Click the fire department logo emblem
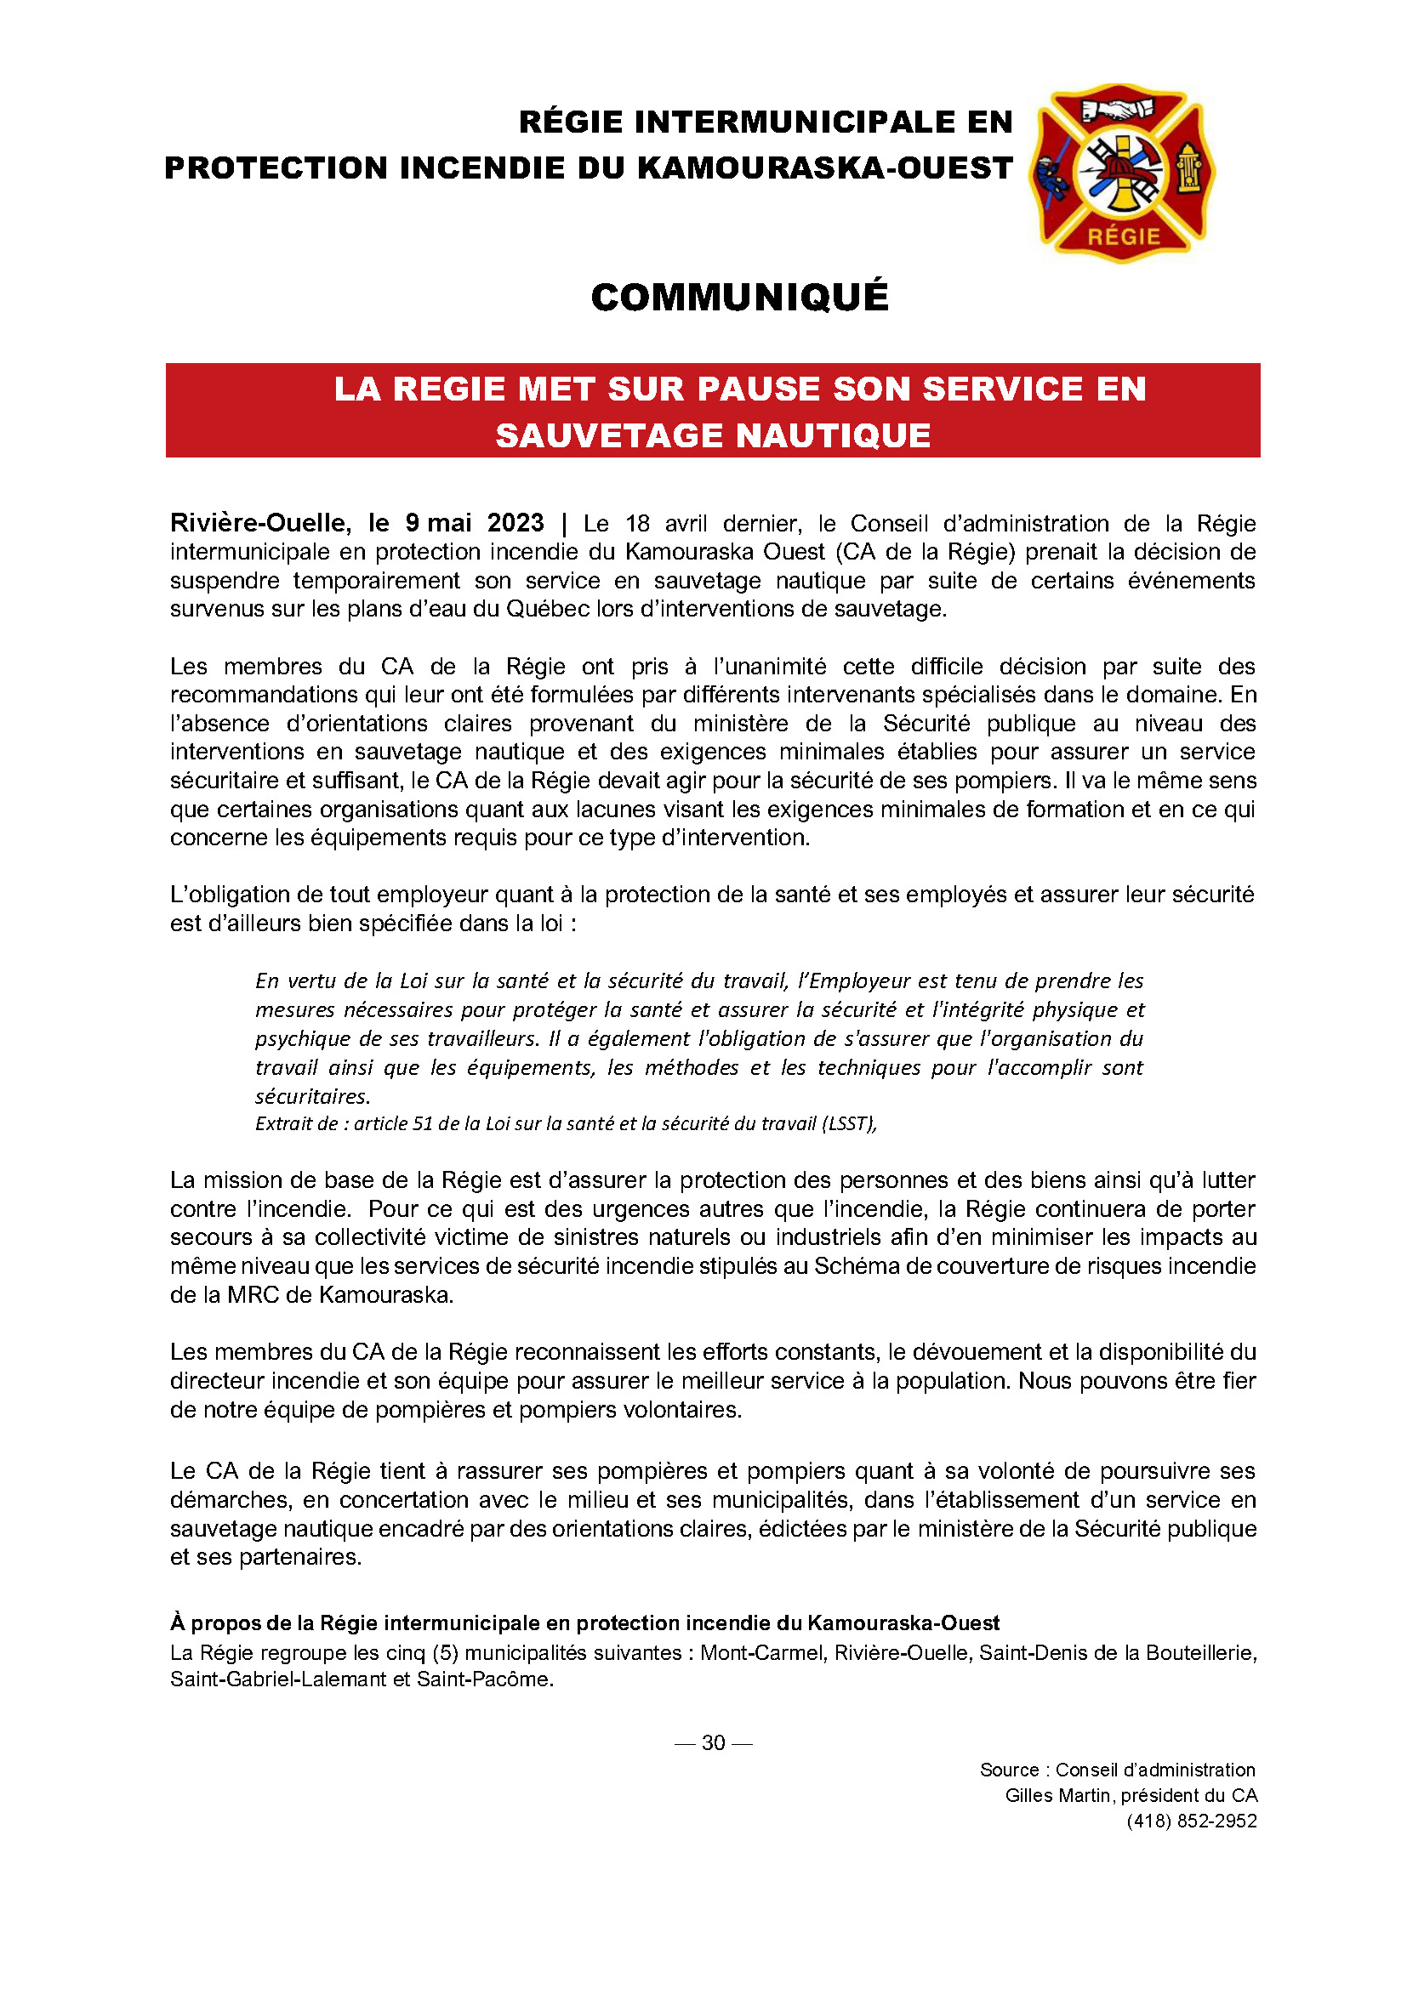(1121, 173)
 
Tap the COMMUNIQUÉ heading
(739, 297)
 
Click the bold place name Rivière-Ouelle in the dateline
(260, 523)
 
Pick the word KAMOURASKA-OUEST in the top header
(825, 168)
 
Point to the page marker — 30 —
(713, 1742)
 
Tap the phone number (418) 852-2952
(1191, 1821)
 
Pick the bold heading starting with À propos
(584, 1622)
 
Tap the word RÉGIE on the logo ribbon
(1124, 236)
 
